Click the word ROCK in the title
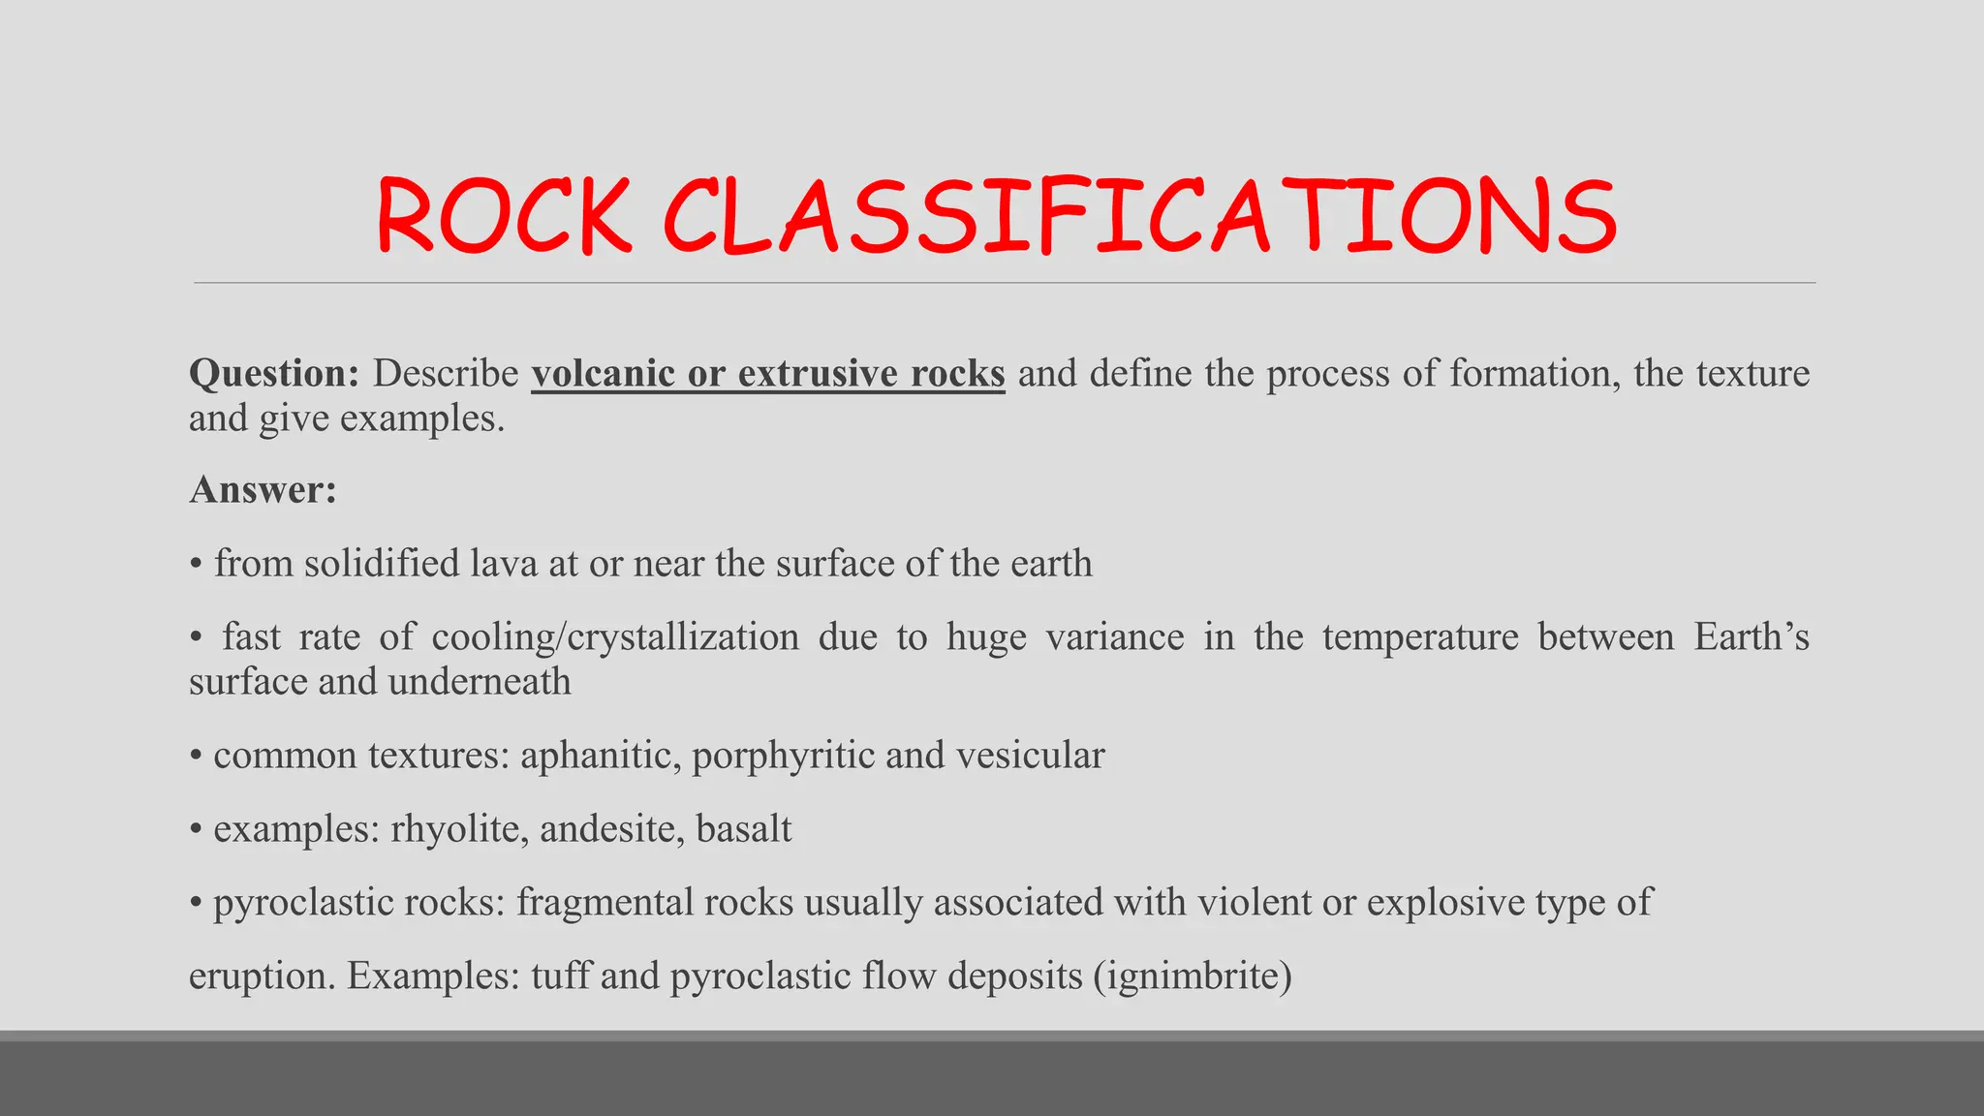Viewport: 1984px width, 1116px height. click(x=504, y=217)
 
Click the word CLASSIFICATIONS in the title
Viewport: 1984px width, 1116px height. click(x=1140, y=217)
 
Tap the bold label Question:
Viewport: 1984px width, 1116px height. click(x=274, y=374)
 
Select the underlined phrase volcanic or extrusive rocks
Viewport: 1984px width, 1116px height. click(x=768, y=374)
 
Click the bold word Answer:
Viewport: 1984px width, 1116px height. click(x=263, y=490)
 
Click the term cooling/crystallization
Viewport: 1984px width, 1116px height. click(x=615, y=637)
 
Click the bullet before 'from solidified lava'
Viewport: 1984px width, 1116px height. click(x=196, y=565)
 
